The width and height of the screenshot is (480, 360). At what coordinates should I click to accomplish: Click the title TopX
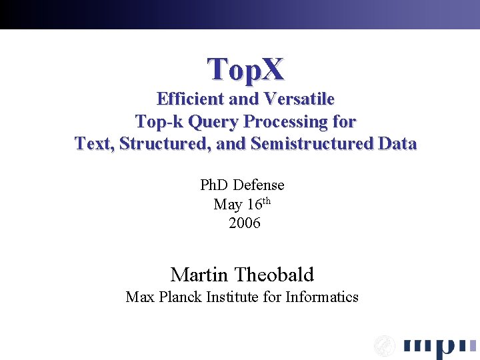click(x=245, y=69)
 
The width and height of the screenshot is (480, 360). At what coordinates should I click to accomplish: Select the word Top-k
click(x=159, y=122)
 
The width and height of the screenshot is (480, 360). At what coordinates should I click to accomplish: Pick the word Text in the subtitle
click(x=93, y=143)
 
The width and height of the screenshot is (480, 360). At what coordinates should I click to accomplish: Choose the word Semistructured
click(x=312, y=143)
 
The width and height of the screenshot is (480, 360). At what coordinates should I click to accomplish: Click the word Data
click(x=397, y=143)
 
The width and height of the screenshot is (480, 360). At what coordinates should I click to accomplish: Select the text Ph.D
click(x=215, y=185)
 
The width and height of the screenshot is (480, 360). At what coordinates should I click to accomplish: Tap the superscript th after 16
click(x=266, y=201)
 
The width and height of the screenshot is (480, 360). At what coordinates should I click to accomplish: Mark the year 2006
click(x=245, y=223)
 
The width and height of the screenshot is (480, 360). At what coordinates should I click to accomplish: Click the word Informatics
click(x=322, y=297)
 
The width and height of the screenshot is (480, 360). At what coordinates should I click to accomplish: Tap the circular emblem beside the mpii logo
click(x=384, y=345)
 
